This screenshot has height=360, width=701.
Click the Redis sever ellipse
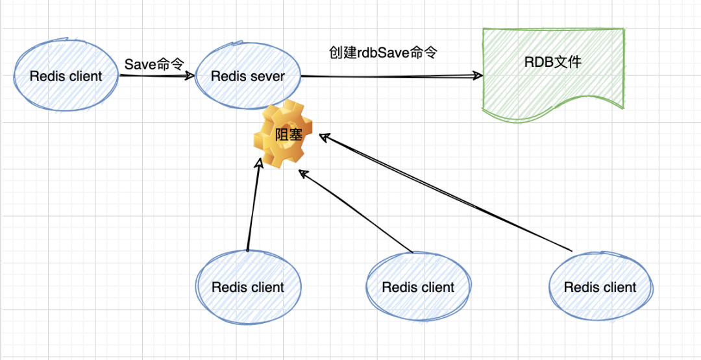point(248,76)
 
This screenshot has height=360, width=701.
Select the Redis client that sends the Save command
point(66,76)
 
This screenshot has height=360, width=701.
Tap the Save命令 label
point(154,64)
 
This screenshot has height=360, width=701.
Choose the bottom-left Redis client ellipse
point(248,287)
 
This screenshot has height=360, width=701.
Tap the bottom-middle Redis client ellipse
point(418,287)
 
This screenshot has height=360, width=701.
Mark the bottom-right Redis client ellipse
point(600,287)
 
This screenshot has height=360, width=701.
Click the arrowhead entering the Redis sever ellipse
point(190,76)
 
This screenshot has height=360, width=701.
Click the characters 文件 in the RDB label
point(569,63)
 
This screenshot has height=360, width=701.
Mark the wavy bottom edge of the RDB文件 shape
point(552,107)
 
